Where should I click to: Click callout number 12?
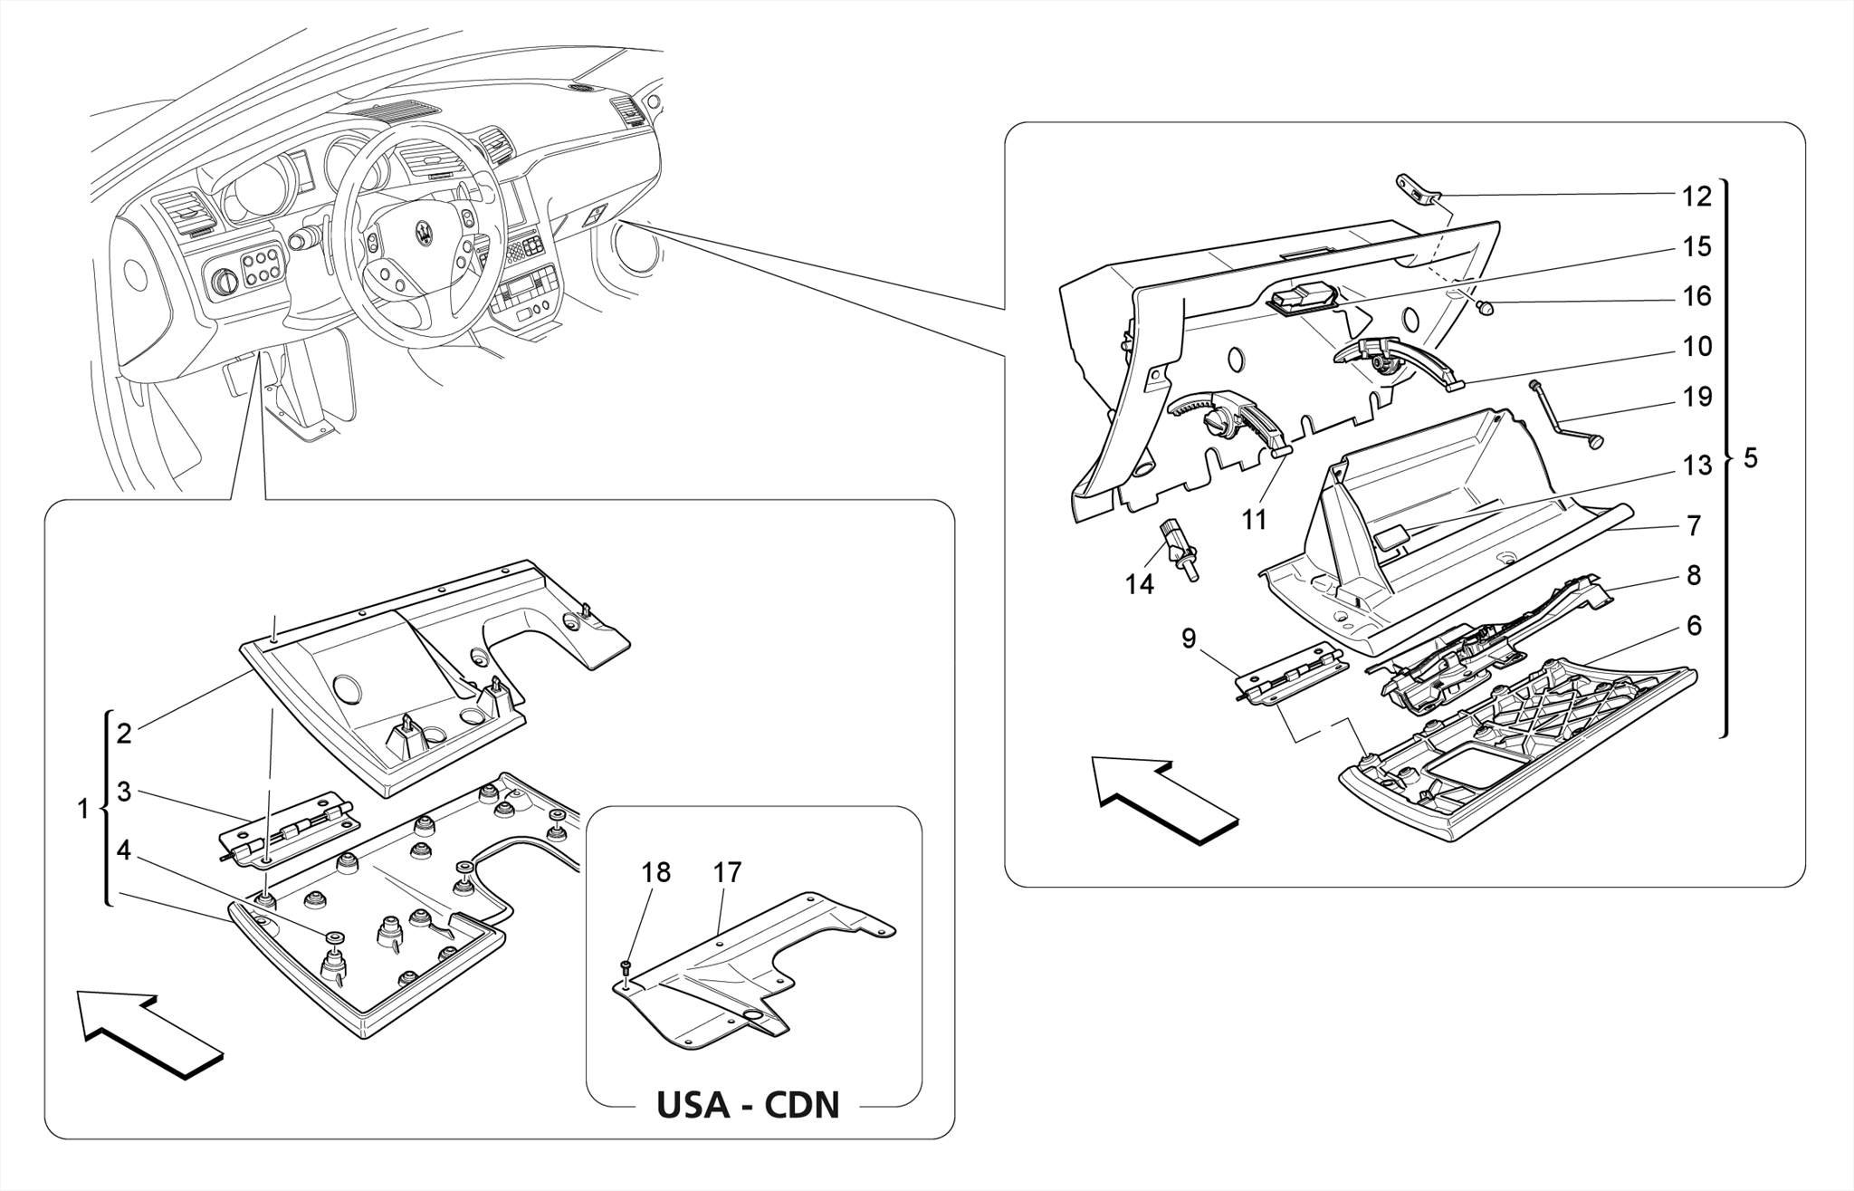click(1696, 197)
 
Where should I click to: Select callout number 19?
click(1696, 397)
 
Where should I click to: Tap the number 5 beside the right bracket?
click(1750, 458)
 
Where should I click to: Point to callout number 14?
click(1139, 585)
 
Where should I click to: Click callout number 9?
click(1189, 639)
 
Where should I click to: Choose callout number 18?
click(655, 872)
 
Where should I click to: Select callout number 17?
click(727, 872)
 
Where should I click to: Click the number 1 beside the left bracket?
click(83, 809)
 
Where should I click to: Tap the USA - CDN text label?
click(748, 1105)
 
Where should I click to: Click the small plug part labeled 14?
click(1180, 547)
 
